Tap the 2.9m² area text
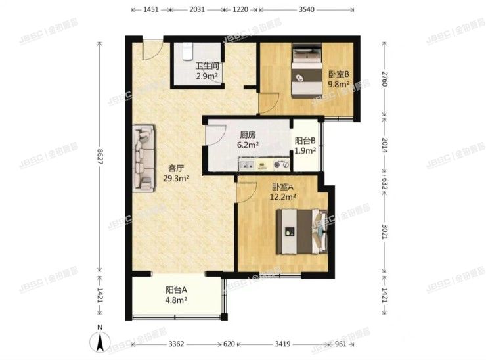tap(206, 76)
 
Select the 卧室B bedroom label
tap(338, 74)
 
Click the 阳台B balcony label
tap(305, 140)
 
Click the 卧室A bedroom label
tap(283, 185)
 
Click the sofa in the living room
tap(144, 159)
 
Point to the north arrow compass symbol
tap(99, 341)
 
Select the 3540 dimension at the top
tap(307, 9)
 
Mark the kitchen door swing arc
tap(215, 137)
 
